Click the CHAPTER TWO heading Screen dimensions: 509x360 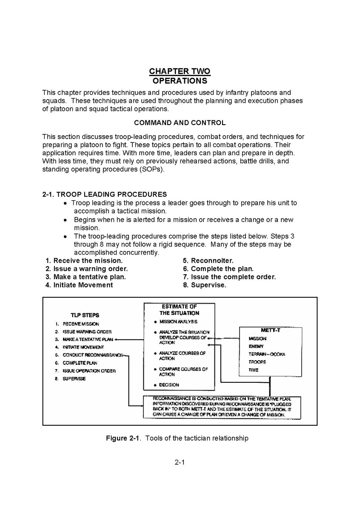pos(180,71)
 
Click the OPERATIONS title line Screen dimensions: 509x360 pos(180,80)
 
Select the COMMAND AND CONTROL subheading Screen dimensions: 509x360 pos(180,123)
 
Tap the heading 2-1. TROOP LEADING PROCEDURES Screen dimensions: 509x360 pos(105,194)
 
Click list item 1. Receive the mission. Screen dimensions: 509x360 pos(84,261)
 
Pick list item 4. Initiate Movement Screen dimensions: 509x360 pos(79,285)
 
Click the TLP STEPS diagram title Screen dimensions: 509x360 pos(85,315)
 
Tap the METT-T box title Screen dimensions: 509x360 pos(270,330)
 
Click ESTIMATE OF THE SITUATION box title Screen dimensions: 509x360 pos(179,310)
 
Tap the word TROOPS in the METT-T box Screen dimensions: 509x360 pos(257,362)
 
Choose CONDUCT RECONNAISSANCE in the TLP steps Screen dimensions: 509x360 pos(93,355)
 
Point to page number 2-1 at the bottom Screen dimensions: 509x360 pos(180,462)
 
